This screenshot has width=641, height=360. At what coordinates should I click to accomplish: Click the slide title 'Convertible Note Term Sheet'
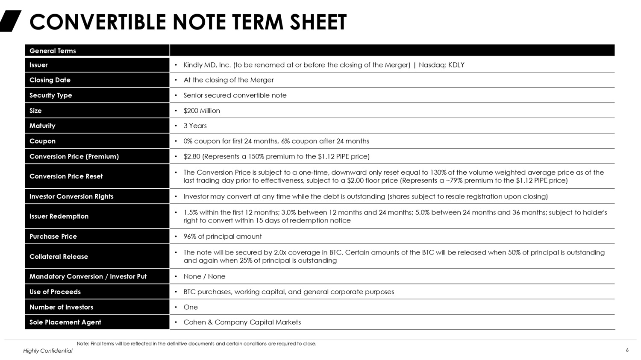pyautogui.click(x=188, y=22)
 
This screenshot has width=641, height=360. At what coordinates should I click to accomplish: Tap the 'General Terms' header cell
pyautogui.click(x=53, y=51)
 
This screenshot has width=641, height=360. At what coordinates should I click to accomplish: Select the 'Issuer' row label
pyautogui.click(x=38, y=65)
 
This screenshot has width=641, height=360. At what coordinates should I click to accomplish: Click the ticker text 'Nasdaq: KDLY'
pyautogui.click(x=441, y=65)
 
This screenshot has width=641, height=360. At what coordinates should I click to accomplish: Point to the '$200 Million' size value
pyautogui.click(x=202, y=111)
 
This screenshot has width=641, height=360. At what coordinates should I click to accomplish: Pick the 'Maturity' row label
pyautogui.click(x=42, y=126)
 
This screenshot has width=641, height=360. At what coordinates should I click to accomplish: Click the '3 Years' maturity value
pyautogui.click(x=195, y=126)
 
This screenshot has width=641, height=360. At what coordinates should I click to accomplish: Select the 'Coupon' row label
pyautogui.click(x=42, y=141)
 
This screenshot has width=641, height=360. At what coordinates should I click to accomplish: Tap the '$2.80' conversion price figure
pyautogui.click(x=192, y=156)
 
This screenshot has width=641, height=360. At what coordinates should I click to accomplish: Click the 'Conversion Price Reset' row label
pyautogui.click(x=66, y=176)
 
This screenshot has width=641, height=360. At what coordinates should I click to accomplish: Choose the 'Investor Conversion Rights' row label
pyautogui.click(x=71, y=196)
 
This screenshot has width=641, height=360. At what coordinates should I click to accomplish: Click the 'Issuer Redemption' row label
pyautogui.click(x=59, y=216)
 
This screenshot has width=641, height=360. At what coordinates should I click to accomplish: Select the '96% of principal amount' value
pyautogui.click(x=223, y=236)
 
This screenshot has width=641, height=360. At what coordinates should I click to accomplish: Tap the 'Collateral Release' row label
pyautogui.click(x=59, y=256)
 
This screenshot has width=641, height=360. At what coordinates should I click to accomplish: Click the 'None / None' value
pyautogui.click(x=204, y=276)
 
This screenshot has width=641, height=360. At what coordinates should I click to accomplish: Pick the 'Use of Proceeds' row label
pyautogui.click(x=55, y=292)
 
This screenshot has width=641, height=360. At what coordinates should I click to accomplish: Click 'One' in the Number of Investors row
pyautogui.click(x=191, y=307)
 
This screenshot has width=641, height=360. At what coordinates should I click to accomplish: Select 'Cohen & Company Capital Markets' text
pyautogui.click(x=242, y=322)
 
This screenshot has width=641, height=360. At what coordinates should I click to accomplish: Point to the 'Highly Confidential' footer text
pyautogui.click(x=48, y=351)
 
